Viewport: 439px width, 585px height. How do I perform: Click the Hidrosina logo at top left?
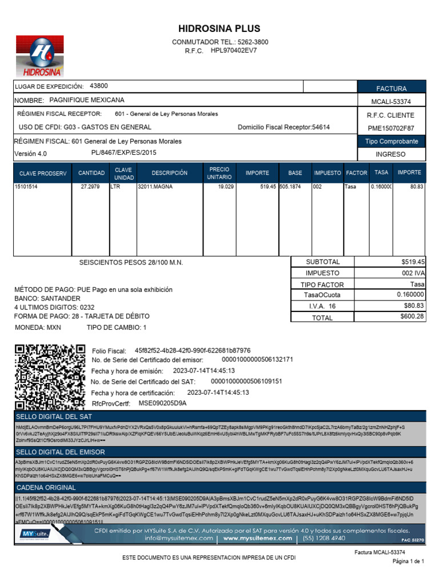click(x=39, y=55)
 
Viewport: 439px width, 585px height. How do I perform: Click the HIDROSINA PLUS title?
click(x=219, y=29)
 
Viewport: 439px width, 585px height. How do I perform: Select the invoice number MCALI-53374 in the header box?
click(x=391, y=102)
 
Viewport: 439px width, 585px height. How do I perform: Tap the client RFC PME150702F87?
click(x=391, y=128)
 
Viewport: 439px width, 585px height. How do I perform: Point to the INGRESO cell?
click(x=391, y=154)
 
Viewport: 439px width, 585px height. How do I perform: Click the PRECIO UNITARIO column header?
click(x=219, y=173)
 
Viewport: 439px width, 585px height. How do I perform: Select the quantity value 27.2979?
click(x=91, y=187)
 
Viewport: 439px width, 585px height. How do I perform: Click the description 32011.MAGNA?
click(x=155, y=187)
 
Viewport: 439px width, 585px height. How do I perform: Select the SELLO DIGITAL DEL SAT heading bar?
click(x=219, y=417)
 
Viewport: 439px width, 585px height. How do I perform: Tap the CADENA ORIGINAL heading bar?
click(x=219, y=487)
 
